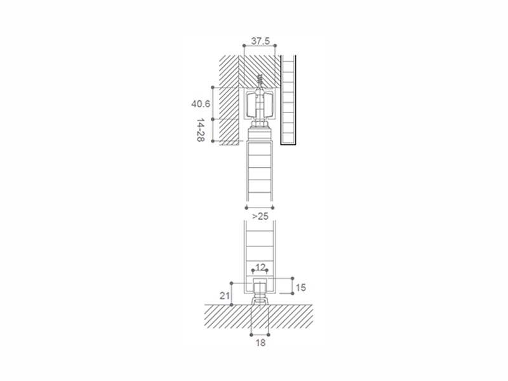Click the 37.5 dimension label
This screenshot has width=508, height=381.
[x=260, y=41]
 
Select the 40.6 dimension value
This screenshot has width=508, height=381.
[x=201, y=104]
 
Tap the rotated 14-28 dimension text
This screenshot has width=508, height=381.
[x=201, y=130]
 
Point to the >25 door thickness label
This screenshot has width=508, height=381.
[x=260, y=216]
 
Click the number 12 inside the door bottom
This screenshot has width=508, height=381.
[x=260, y=267]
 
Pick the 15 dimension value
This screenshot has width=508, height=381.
[x=300, y=288]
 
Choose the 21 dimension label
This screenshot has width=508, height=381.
[x=225, y=295]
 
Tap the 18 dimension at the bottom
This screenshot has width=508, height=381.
[x=260, y=342]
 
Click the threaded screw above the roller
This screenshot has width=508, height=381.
[x=260, y=82]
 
